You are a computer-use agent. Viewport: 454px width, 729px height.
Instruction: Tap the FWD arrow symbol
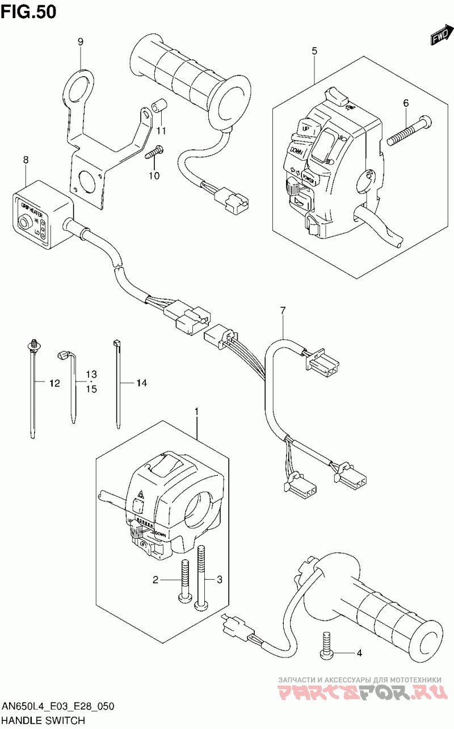[440, 37]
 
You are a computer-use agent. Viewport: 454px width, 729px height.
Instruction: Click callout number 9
[81, 41]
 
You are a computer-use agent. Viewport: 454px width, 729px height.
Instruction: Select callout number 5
[314, 51]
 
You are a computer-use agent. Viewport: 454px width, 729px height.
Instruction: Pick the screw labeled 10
[155, 152]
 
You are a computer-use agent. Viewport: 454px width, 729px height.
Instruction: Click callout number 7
[282, 310]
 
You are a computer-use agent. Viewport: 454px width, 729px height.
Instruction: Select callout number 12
[54, 384]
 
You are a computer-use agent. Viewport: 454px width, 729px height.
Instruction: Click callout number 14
[141, 384]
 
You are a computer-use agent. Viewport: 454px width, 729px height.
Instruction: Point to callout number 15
[91, 389]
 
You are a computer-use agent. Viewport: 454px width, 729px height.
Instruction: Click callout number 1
[197, 410]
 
